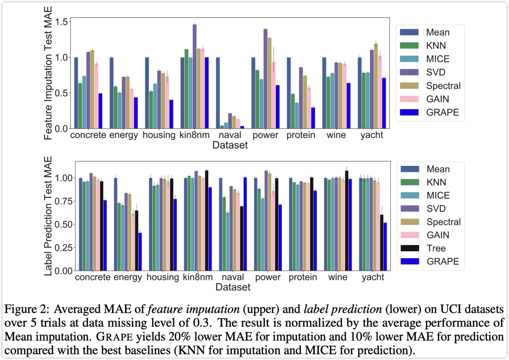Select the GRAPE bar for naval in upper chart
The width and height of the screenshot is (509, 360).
242,127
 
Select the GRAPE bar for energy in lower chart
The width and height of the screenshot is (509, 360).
140,252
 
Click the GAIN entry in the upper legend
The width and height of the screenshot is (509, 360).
437,99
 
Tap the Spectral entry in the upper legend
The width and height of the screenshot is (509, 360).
443,86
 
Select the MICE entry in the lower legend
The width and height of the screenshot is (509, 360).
438,196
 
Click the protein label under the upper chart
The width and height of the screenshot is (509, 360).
301,135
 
